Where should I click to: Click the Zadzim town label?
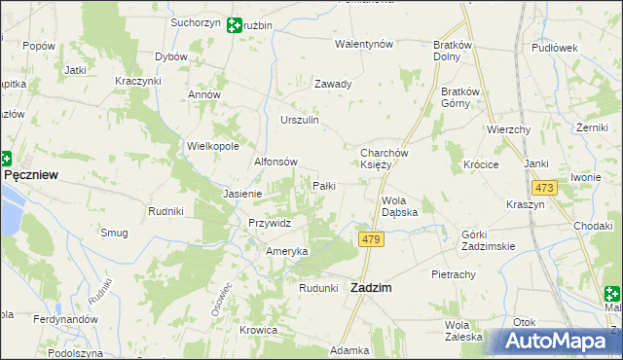pos(371,288)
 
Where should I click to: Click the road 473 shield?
pos(543,188)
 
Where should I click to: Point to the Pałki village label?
pos(324,185)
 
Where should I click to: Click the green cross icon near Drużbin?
pos(235,25)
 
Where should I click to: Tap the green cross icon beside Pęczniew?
pos(5,158)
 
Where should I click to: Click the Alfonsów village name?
pos(275,162)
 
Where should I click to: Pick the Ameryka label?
pos(287,251)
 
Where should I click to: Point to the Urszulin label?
pos(300,120)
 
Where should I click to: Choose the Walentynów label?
pos(363,45)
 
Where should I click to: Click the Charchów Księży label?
pos(388,159)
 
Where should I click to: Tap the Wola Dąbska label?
pos(399,205)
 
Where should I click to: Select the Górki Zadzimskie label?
pos(488,240)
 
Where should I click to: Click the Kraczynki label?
pos(137,80)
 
